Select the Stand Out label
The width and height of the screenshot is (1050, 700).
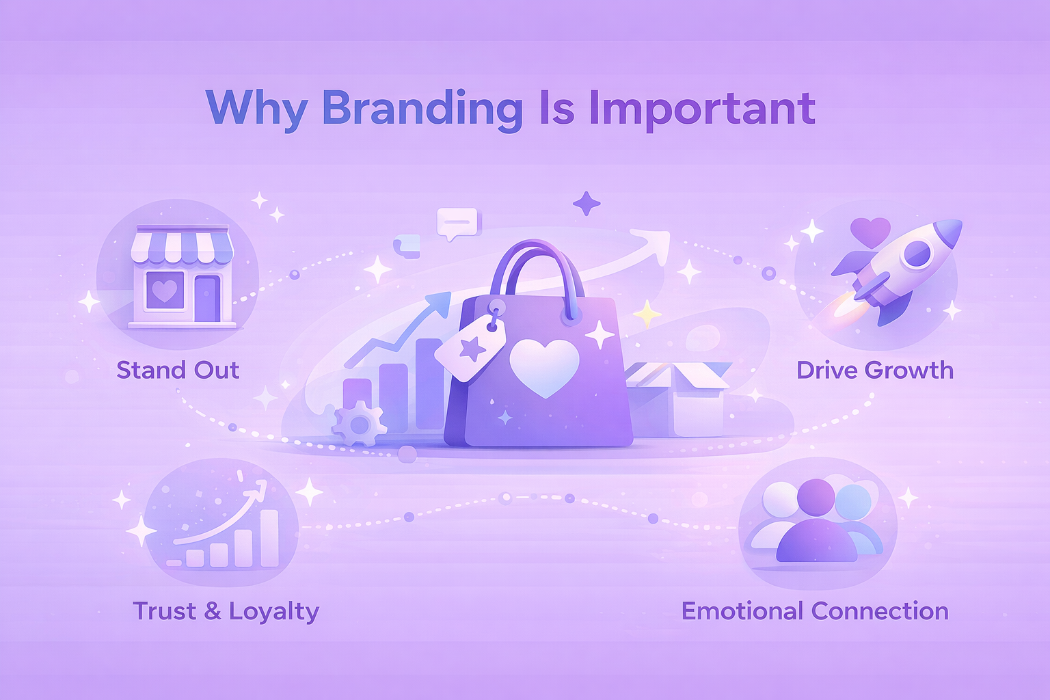pos(178,370)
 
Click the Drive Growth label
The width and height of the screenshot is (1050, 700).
pos(875,370)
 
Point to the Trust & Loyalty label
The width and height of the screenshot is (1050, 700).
pos(226,611)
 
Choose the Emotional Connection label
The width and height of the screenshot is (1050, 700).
pos(815,611)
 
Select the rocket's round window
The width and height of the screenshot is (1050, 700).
pos(917,254)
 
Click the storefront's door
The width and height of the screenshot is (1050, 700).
pos(208,299)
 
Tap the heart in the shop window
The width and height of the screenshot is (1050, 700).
pos(165,291)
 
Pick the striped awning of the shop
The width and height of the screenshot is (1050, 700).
pos(182,245)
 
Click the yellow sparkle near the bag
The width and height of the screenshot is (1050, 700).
pos(647,314)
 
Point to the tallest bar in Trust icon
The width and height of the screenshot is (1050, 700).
pos(269,538)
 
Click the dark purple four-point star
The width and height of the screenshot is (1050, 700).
pos(587,204)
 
